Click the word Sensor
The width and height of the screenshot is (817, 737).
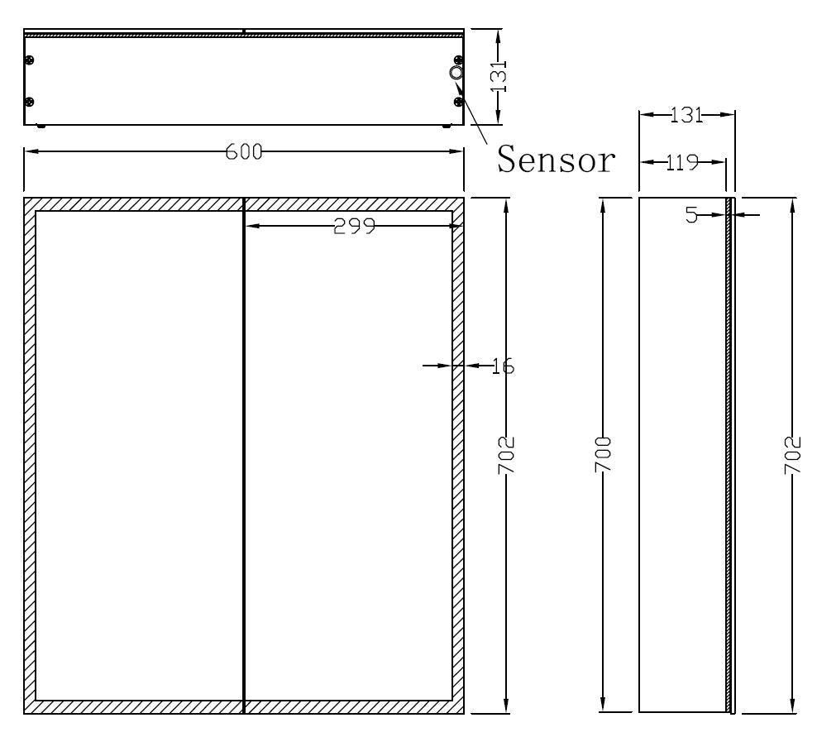[556, 160]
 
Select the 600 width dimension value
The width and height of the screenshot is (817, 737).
[245, 152]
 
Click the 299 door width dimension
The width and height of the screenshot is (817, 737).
[354, 226]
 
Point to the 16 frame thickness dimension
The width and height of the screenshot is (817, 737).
[502, 365]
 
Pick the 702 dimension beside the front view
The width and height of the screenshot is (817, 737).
[506, 454]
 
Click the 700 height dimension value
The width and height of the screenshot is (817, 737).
[604, 454]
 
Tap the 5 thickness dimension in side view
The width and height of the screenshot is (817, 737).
[692, 215]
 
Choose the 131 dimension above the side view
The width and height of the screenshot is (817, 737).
[686, 116]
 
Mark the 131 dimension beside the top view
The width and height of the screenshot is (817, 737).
[499, 76]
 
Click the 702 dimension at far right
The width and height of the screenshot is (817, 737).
[793, 454]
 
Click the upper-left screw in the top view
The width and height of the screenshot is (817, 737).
[30, 60]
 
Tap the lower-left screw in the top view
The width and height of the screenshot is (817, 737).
[30, 102]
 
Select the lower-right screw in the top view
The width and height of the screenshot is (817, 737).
[458, 102]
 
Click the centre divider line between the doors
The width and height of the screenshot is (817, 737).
[244, 455]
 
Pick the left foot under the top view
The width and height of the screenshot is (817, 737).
[41, 127]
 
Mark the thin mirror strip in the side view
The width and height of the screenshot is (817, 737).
[729, 455]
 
